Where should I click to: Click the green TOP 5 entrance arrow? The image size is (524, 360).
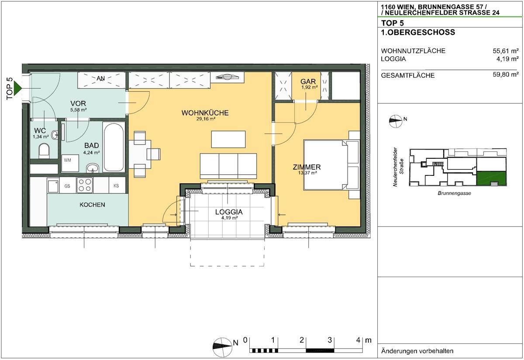tap(17, 88)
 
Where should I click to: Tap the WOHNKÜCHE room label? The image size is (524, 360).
tap(205, 113)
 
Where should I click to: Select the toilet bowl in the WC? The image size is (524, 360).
tap(44, 151)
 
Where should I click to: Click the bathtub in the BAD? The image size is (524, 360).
tap(114, 147)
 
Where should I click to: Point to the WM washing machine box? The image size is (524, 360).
tap(70, 163)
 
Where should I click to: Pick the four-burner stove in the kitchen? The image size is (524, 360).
tap(85, 185)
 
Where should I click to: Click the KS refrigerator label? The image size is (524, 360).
tap(116, 186)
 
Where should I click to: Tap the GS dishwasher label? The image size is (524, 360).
tap(67, 186)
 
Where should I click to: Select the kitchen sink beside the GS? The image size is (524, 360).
tap(53, 185)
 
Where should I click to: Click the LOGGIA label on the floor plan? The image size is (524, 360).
tap(229, 212)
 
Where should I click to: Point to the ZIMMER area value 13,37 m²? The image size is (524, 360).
tap(307, 173)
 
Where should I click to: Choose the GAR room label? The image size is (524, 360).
tap(308, 82)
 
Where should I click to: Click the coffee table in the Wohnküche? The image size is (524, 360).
tap(228, 139)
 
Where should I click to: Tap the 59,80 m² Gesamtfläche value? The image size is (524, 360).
tap(506, 75)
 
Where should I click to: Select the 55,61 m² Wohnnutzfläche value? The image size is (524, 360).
tap(506, 51)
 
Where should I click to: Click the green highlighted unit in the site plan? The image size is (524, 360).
tap(491, 178)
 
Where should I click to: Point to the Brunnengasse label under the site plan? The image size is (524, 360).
tap(454, 193)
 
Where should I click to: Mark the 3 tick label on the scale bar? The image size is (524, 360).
tap(330, 340)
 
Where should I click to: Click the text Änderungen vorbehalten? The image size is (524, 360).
tap(417, 351)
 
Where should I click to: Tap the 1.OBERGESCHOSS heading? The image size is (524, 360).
tap(418, 32)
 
